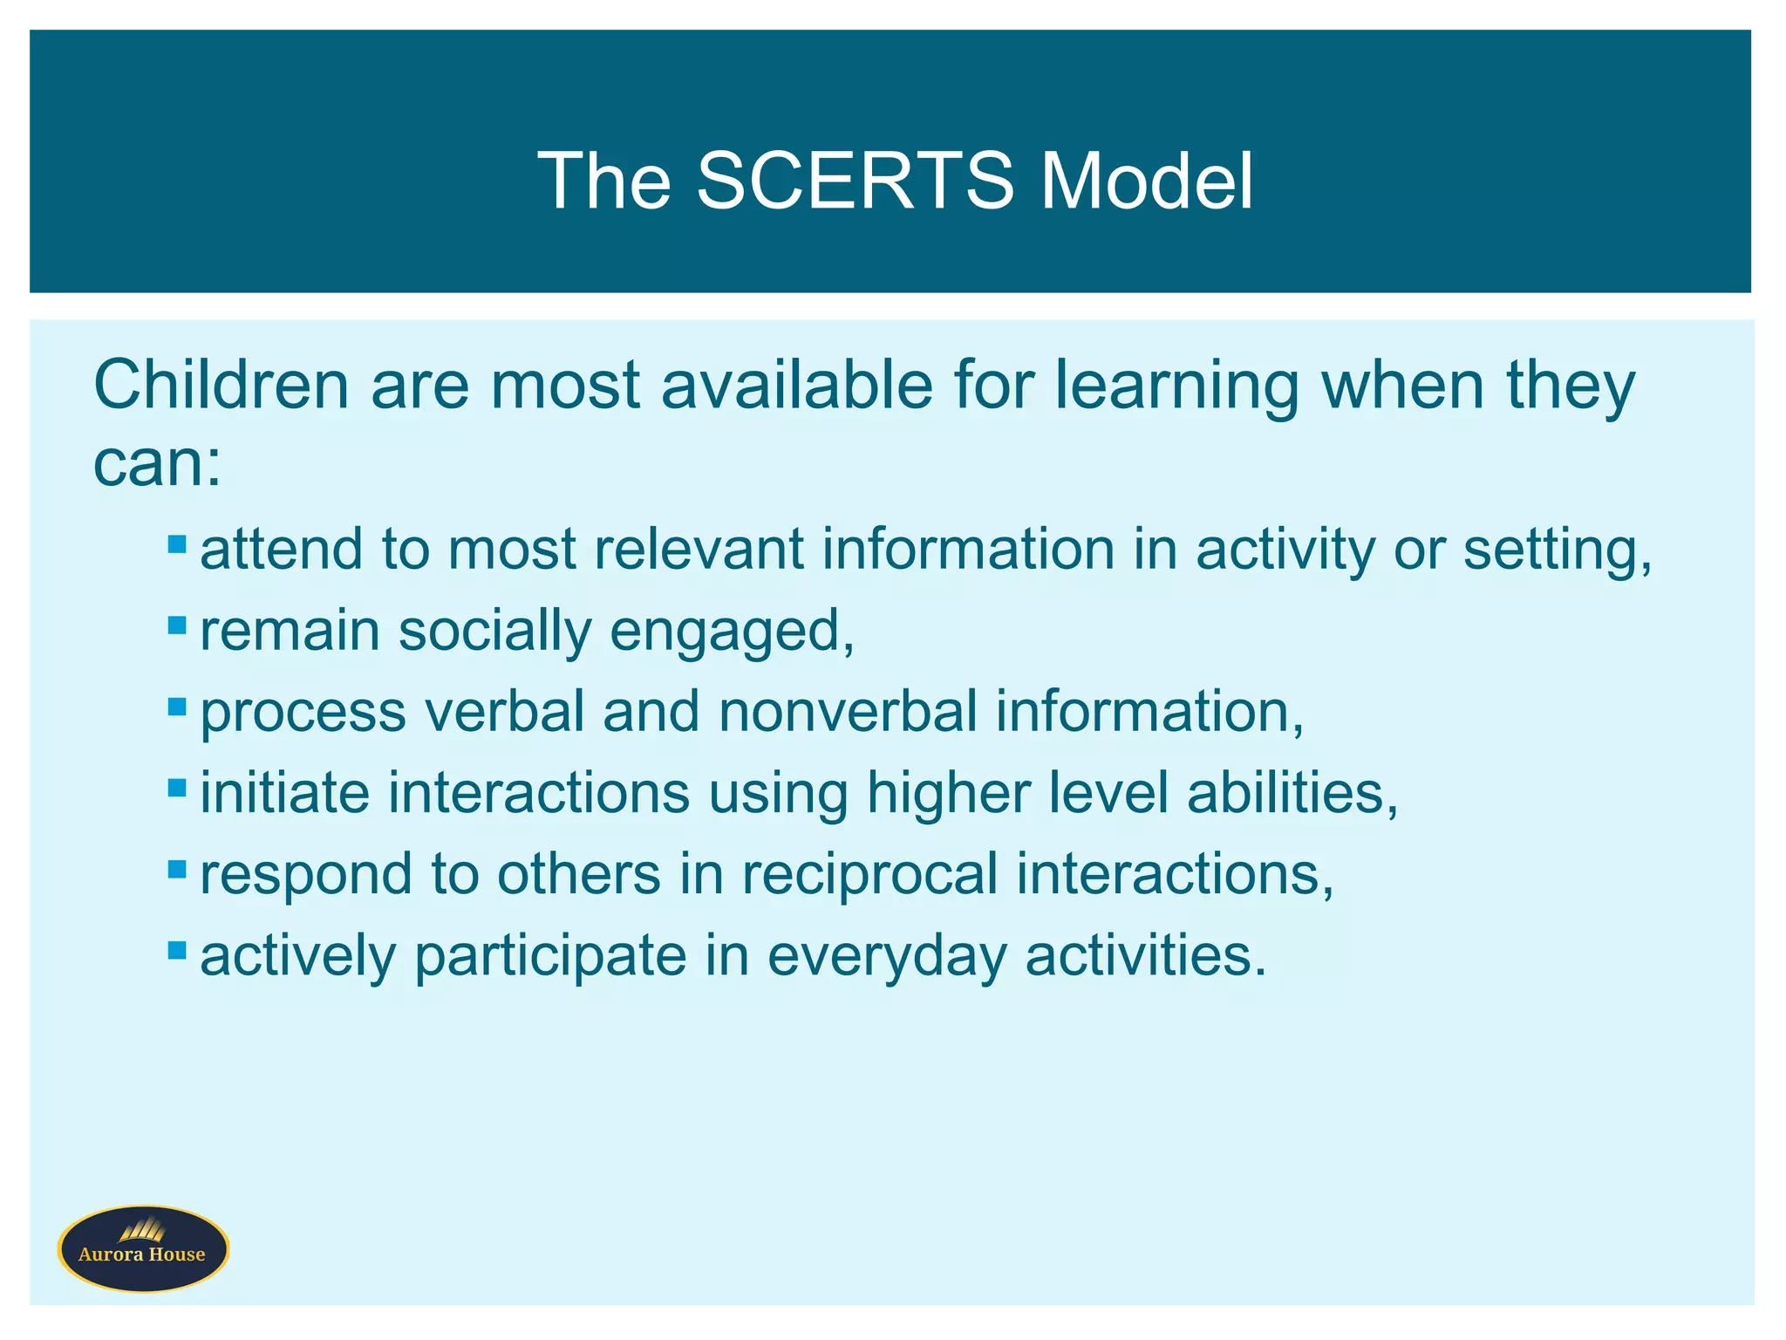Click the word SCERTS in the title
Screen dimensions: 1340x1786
click(855, 181)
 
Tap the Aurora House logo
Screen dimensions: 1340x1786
click(143, 1248)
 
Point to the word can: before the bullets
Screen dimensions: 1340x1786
click(157, 463)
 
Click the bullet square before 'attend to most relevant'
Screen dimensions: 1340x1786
click(177, 544)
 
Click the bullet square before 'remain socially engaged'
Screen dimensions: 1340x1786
click(177, 626)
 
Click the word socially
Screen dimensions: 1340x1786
click(494, 632)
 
